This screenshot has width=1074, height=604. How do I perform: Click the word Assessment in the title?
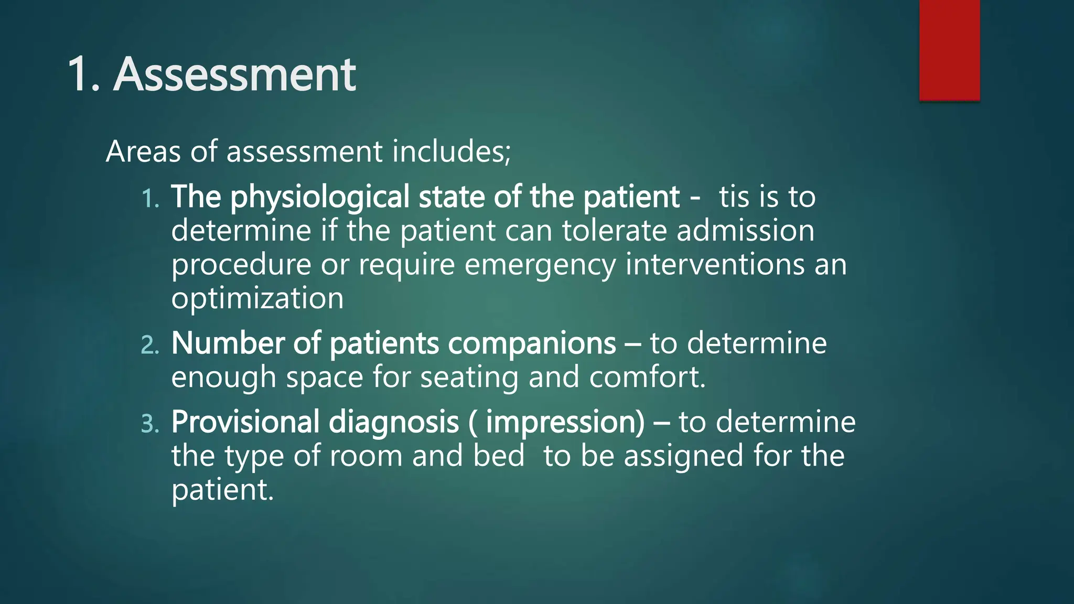coord(234,74)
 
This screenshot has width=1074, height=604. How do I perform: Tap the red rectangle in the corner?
coord(949,50)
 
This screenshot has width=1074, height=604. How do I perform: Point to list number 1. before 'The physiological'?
coord(151,199)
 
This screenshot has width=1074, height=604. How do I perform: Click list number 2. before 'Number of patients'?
coord(150,345)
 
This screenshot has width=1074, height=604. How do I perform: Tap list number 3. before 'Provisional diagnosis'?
coord(150,424)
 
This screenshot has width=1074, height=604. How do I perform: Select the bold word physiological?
coord(320,198)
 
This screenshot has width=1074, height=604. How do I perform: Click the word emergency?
coord(540,265)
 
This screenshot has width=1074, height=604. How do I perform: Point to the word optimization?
coord(257,298)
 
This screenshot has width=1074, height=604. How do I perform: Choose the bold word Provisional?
coord(245,423)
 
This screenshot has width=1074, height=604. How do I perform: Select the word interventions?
coord(715,264)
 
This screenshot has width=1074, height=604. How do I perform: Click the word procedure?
coord(241,265)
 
